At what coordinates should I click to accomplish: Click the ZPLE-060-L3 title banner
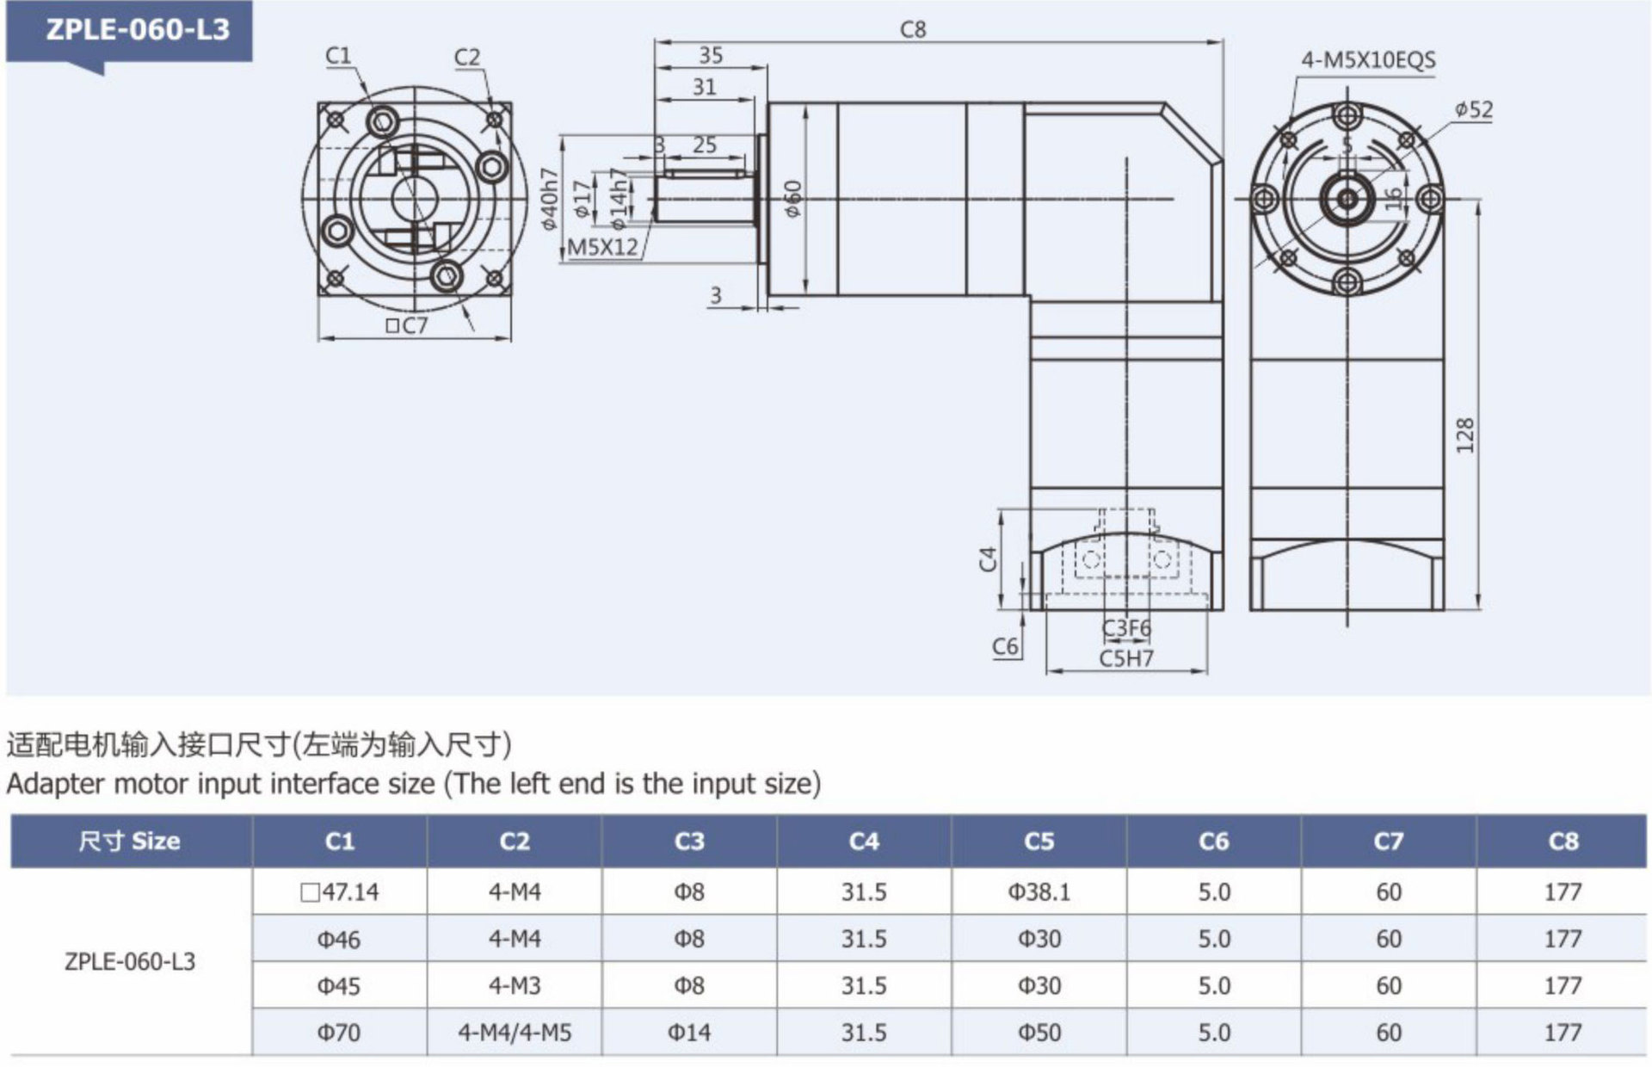pyautogui.click(x=138, y=30)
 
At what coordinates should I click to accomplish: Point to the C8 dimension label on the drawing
pyautogui.click(x=913, y=30)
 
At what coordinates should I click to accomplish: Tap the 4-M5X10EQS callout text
pyautogui.click(x=1367, y=60)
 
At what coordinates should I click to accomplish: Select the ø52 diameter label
pyautogui.click(x=1474, y=110)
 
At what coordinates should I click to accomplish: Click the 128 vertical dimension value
pyautogui.click(x=1465, y=435)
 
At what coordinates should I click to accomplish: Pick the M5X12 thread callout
pyautogui.click(x=602, y=247)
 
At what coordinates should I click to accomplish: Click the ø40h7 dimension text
pyautogui.click(x=549, y=199)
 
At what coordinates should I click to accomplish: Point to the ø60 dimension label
pyautogui.click(x=792, y=199)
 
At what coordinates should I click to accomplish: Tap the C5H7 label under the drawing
pyautogui.click(x=1125, y=658)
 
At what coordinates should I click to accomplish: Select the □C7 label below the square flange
pyautogui.click(x=406, y=325)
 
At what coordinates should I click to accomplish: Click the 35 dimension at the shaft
pyautogui.click(x=710, y=55)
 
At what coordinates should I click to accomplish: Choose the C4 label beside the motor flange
pyautogui.click(x=988, y=559)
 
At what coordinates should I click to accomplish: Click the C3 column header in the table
pyautogui.click(x=688, y=841)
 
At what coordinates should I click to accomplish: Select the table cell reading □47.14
pyautogui.click(x=339, y=891)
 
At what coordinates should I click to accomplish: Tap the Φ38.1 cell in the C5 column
pyautogui.click(x=1039, y=891)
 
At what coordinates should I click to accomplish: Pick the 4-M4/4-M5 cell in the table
pyautogui.click(x=515, y=1032)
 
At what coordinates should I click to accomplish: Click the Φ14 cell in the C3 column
pyautogui.click(x=688, y=1032)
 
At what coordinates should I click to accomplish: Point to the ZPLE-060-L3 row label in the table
pyautogui.click(x=130, y=961)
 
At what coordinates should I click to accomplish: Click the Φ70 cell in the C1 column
pyautogui.click(x=339, y=1032)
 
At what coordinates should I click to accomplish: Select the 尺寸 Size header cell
pyautogui.click(x=130, y=841)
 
